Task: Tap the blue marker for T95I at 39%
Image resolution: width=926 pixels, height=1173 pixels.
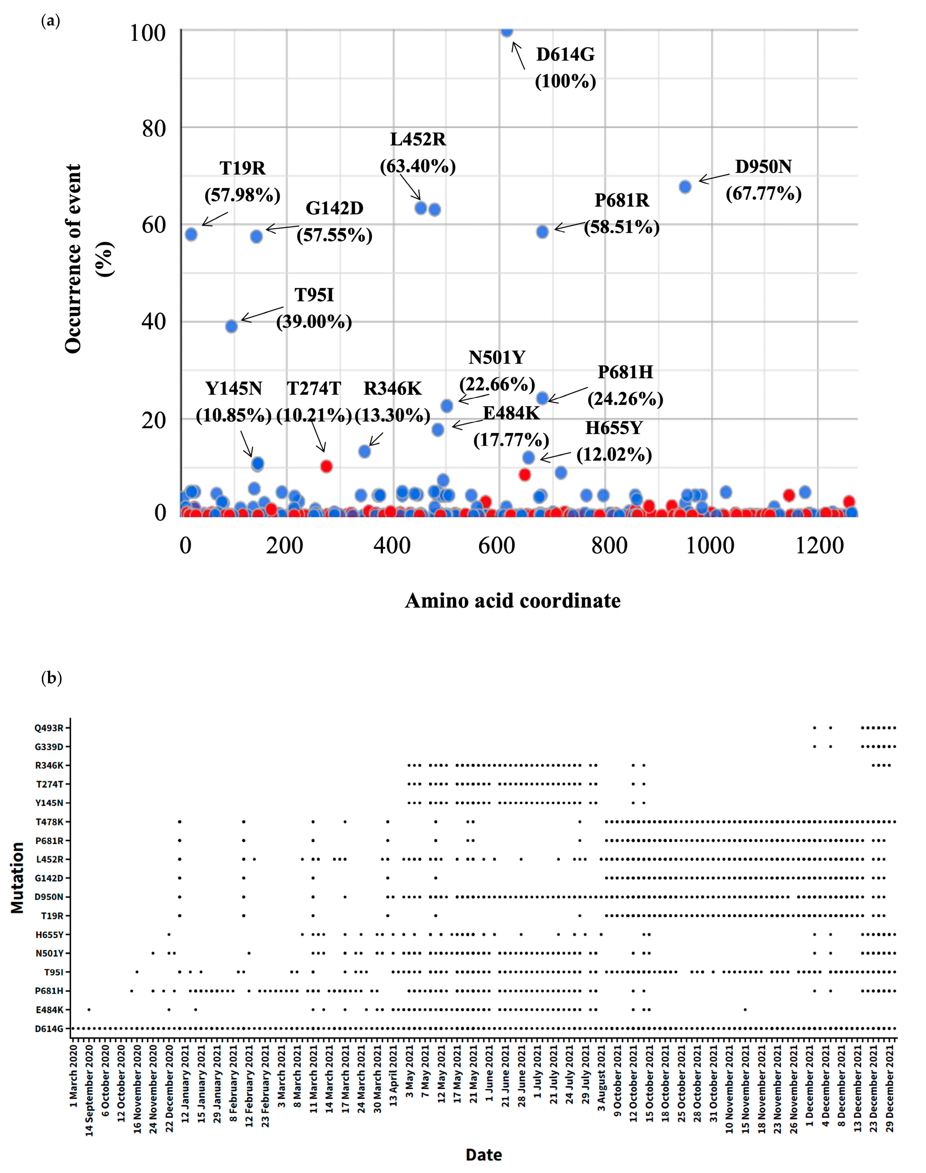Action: tap(231, 326)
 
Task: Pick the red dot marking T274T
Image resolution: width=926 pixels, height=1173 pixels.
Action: tap(326, 466)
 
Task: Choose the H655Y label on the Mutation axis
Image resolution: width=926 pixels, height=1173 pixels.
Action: tap(49, 935)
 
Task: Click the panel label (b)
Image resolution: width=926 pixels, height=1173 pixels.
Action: tap(52, 678)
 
